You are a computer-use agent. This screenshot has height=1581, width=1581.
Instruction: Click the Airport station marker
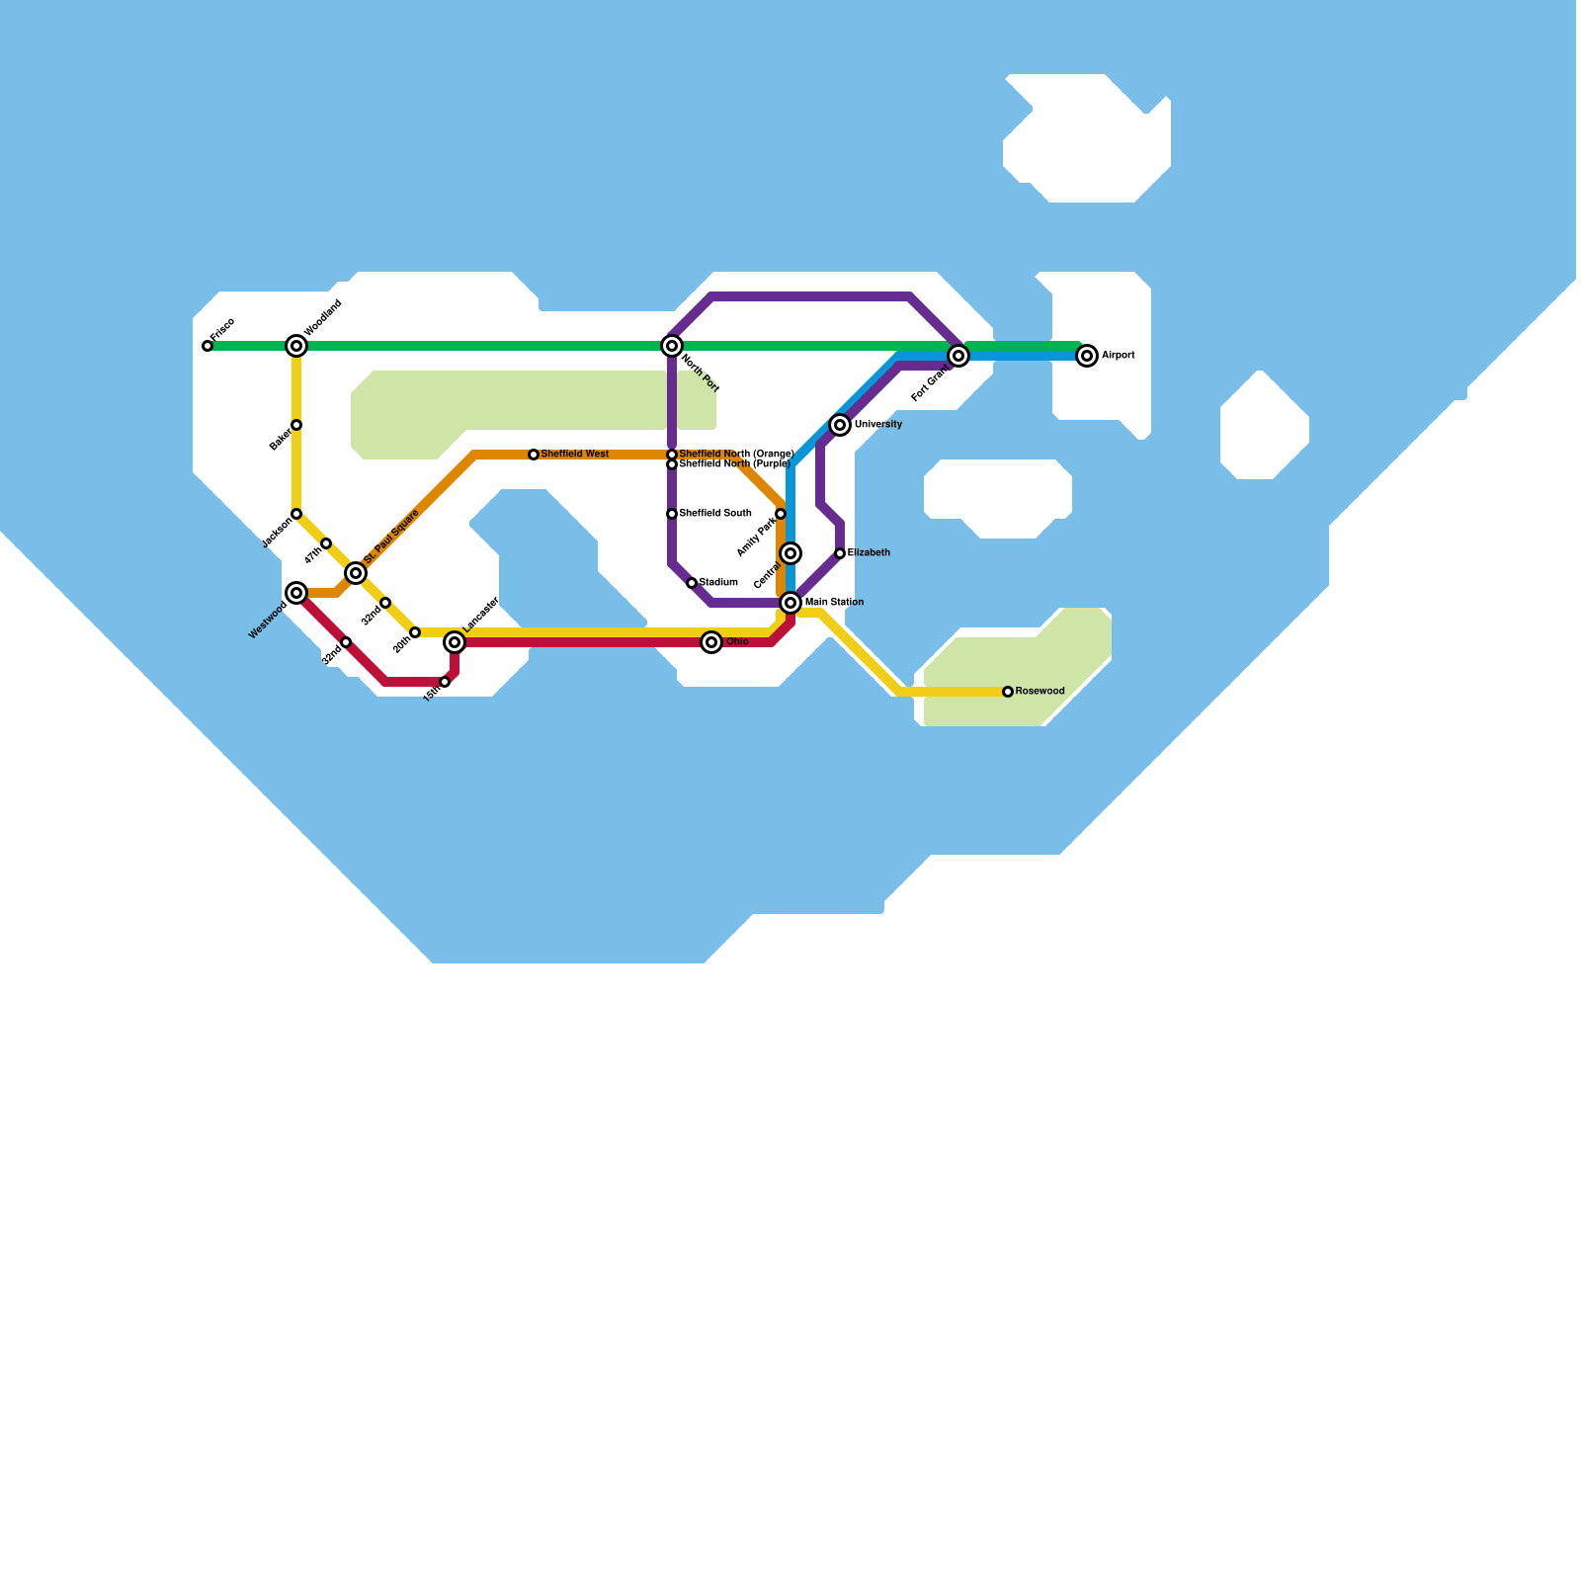[1087, 356]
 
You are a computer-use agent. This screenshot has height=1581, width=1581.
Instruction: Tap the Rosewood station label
[1040, 692]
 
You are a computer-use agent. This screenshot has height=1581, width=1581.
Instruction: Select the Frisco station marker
[208, 346]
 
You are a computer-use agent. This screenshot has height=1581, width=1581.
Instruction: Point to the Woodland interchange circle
[296, 346]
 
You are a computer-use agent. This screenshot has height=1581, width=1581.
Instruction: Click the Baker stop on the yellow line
[296, 425]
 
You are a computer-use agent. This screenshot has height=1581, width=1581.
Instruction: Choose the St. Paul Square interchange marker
[356, 573]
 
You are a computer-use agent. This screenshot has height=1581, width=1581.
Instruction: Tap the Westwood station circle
[296, 593]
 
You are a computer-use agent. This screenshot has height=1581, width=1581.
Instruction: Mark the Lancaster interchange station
[455, 642]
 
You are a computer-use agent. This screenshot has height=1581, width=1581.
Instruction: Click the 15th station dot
[445, 682]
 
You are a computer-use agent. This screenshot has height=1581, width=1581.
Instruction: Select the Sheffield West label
[575, 455]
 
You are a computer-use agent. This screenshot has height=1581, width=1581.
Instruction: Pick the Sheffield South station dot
[672, 514]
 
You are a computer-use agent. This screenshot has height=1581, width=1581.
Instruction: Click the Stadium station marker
[692, 583]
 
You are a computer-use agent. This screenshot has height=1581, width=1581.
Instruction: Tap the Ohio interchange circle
[711, 642]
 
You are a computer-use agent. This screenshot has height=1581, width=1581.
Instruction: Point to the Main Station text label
[834, 603]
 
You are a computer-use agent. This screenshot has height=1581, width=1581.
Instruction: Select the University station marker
[840, 425]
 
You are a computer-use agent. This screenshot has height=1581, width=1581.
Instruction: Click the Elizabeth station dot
[840, 553]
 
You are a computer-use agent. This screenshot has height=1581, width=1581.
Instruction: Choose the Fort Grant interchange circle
[958, 356]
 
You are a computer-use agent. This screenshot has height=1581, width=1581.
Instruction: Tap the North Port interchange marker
[672, 346]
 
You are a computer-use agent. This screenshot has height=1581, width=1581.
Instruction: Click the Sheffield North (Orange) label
[736, 455]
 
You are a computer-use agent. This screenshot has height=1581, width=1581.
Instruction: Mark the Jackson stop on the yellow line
[296, 514]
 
